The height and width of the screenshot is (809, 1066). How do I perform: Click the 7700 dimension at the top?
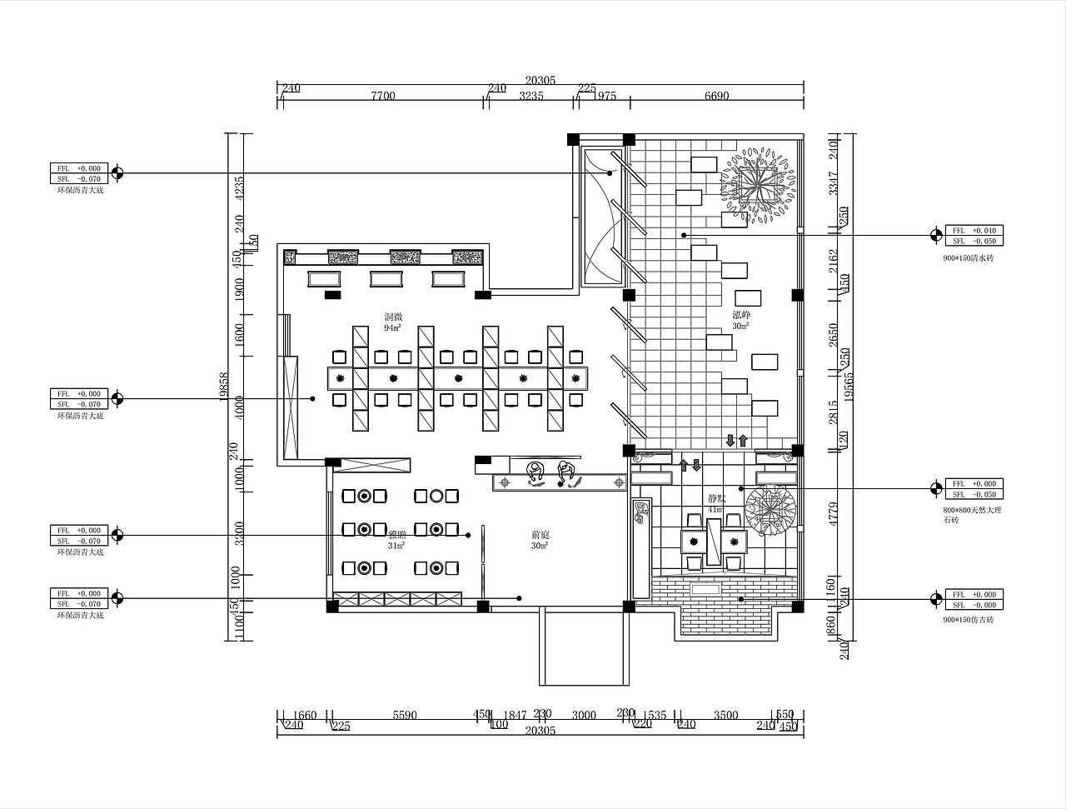click(382, 96)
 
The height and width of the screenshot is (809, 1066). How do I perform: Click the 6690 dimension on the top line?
click(716, 96)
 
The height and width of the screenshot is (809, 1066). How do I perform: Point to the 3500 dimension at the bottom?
click(726, 715)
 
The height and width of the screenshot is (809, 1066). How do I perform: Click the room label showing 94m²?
click(393, 323)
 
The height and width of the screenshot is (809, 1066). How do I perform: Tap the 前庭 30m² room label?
click(540, 540)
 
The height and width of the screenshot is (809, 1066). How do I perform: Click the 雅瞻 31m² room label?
click(396, 540)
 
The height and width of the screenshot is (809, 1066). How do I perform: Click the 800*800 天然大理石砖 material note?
click(971, 514)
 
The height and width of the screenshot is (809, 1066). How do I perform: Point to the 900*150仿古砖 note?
click(968, 620)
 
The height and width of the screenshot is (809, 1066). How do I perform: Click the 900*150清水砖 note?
click(968, 258)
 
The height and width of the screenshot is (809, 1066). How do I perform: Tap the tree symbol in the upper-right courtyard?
click(759, 185)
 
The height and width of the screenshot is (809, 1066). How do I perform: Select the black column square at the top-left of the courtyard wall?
click(573, 139)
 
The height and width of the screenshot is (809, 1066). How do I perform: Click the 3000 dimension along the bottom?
click(584, 715)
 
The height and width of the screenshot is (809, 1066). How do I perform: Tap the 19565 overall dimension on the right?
click(848, 386)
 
